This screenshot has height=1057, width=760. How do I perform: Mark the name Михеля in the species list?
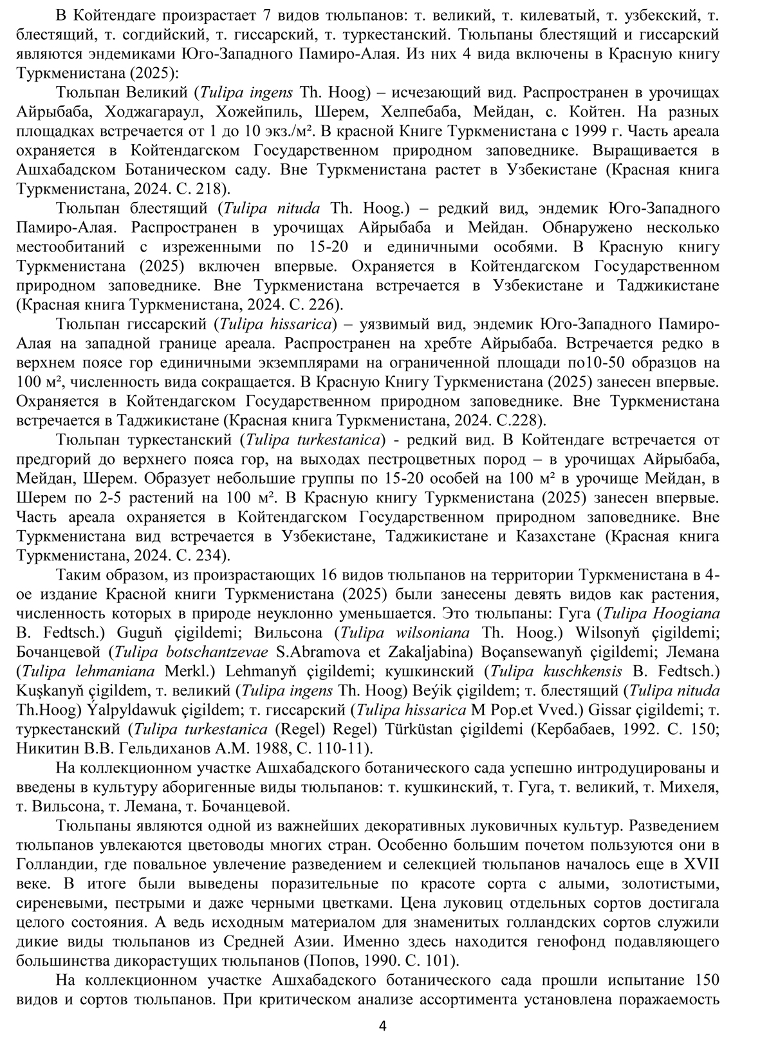(x=690, y=787)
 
